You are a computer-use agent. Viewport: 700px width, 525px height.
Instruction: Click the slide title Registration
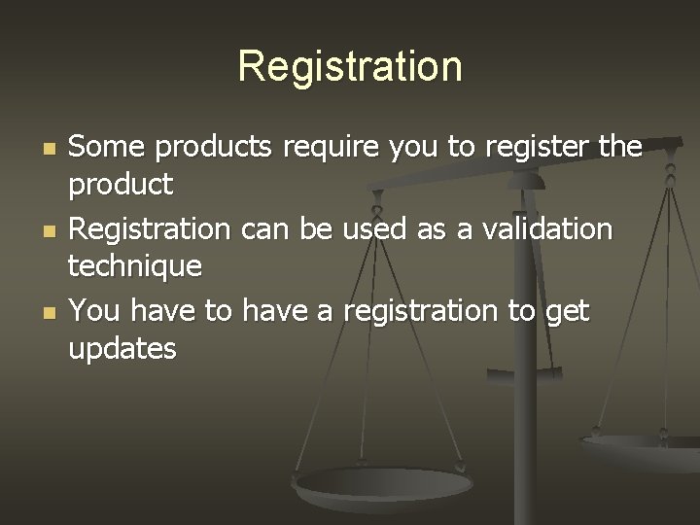(350, 67)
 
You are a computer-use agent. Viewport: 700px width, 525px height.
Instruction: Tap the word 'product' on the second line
(121, 183)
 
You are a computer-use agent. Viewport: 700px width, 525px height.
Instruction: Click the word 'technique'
(135, 264)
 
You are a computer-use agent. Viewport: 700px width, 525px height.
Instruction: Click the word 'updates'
(122, 347)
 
